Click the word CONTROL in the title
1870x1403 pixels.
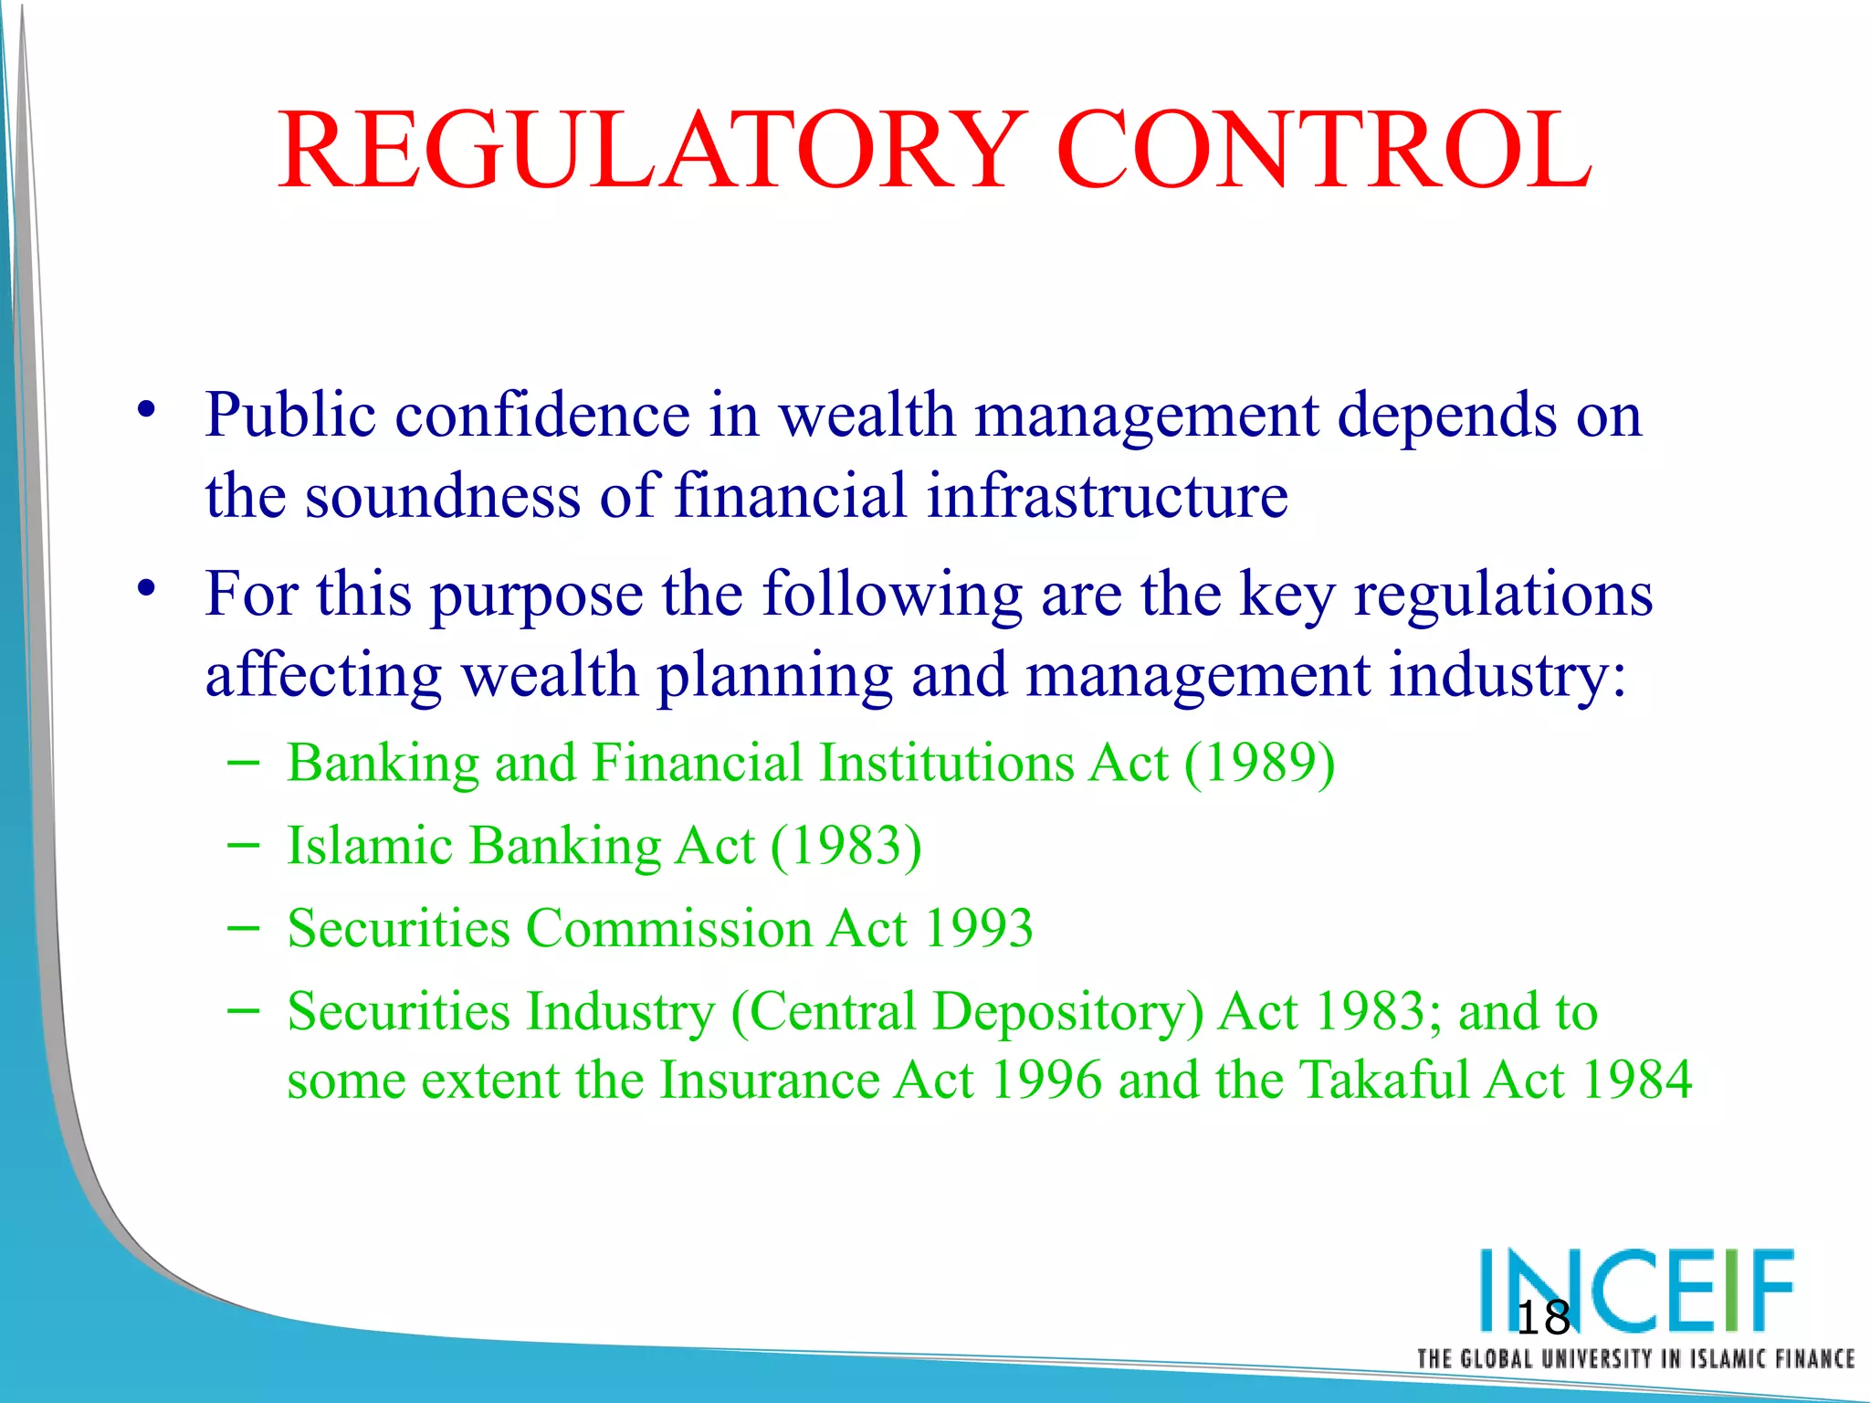click(x=1323, y=151)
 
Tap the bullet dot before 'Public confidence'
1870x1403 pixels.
click(x=146, y=409)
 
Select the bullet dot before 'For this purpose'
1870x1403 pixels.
click(x=146, y=588)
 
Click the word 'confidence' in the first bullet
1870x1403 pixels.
click(x=542, y=416)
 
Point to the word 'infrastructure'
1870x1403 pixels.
click(x=1107, y=496)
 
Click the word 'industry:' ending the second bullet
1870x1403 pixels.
click(x=1508, y=677)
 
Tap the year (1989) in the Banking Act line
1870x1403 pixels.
click(x=1259, y=763)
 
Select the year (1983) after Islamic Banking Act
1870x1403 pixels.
click(x=846, y=846)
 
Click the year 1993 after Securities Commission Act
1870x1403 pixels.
click(x=978, y=928)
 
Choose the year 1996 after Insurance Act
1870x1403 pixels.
click(x=1045, y=1080)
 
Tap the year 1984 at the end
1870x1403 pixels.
click(x=1637, y=1080)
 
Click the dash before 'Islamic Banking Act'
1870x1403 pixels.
click(x=242, y=846)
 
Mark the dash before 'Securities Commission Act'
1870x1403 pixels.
click(x=242, y=928)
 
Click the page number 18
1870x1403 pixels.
click(x=1542, y=1318)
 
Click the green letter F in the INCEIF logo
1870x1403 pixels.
click(x=1769, y=1289)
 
